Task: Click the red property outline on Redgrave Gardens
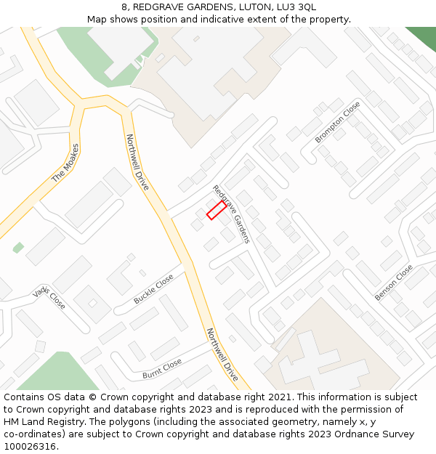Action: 216,211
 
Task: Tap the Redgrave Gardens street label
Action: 231,214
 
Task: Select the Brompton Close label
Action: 337,122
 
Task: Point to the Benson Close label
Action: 393,283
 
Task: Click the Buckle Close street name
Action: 153,289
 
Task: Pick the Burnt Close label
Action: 161,369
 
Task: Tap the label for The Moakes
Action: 65,163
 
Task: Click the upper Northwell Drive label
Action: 137,162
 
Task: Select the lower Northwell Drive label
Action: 222,354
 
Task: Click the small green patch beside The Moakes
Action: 18,248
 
